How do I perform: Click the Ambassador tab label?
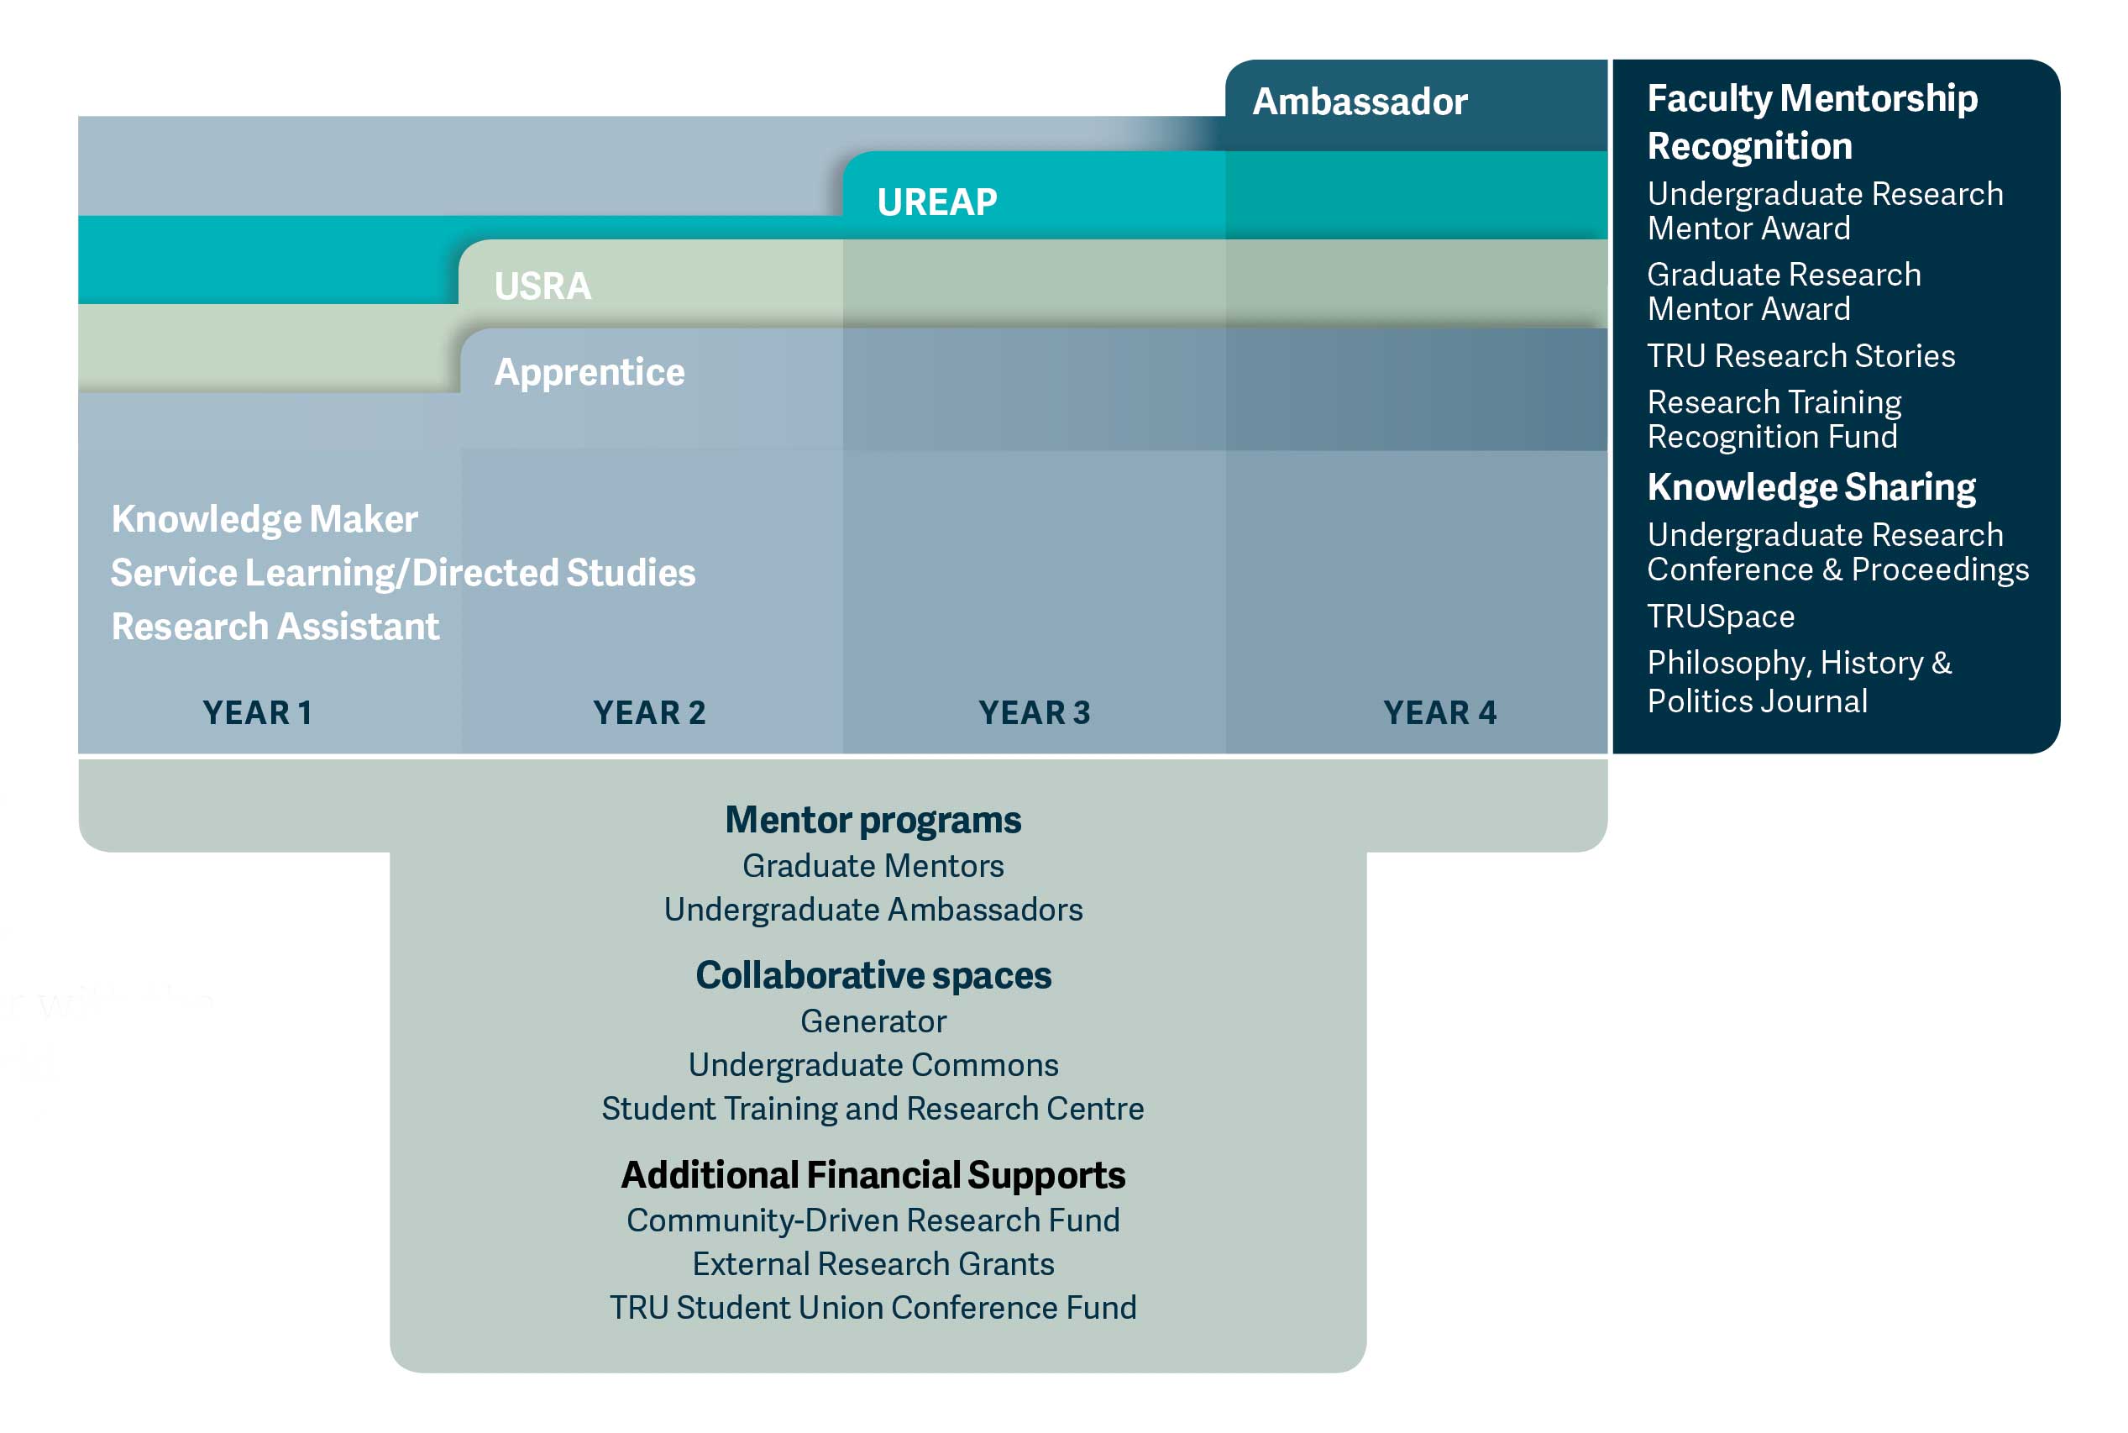[1359, 102]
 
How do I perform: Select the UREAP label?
[936, 202]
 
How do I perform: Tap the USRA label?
[542, 286]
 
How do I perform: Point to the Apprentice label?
[590, 372]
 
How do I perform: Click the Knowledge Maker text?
[264, 519]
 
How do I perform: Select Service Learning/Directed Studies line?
[403, 573]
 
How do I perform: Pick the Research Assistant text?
[275, 627]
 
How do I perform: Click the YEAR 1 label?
[258, 713]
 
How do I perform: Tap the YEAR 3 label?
[1035, 713]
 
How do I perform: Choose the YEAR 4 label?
[1439, 713]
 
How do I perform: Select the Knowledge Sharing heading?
[1810, 487]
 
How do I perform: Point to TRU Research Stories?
[1800, 355]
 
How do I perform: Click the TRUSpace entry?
[1721, 617]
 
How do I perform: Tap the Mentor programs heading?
[873, 820]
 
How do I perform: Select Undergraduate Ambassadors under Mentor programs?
[873, 910]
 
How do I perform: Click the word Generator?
[873, 1021]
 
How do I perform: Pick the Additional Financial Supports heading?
[873, 1175]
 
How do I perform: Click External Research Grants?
[873, 1264]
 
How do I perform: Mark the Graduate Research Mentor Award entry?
[1783, 291]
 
